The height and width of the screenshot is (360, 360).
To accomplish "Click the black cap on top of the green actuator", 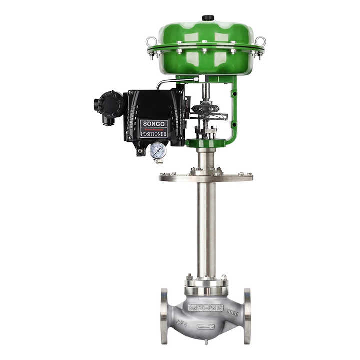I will click(207, 18).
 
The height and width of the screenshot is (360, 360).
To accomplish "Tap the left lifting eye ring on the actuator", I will click(151, 41).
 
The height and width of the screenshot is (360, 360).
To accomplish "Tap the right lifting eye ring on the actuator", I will click(261, 41).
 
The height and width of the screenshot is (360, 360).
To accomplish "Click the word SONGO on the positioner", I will click(153, 123).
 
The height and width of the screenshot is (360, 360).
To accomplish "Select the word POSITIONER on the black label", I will click(153, 134).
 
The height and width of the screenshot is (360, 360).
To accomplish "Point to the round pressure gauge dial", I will click(158, 150).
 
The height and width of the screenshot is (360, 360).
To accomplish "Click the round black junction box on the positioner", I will click(110, 104).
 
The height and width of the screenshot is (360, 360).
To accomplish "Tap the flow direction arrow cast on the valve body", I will click(206, 327).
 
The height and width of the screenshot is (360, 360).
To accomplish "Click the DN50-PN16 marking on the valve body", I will click(205, 308).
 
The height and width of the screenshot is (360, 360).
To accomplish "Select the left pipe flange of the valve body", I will click(164, 316).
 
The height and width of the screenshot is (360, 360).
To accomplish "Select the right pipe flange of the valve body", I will click(247, 316).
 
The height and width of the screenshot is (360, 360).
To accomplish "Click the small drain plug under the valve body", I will click(205, 342).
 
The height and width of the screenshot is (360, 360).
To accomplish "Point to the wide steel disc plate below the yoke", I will click(206, 177).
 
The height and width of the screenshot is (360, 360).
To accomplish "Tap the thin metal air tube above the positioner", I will click(172, 81).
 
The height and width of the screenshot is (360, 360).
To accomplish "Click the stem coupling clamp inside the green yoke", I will click(206, 108).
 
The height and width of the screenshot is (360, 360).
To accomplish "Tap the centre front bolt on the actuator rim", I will click(205, 50).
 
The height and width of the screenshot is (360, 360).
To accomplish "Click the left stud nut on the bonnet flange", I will click(189, 277).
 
